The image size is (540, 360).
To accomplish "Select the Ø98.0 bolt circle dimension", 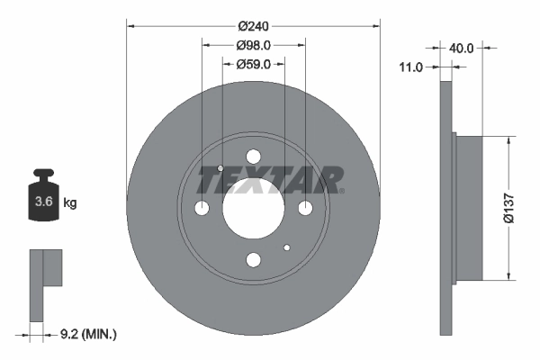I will (x=253, y=45).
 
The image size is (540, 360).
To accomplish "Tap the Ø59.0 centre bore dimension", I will (x=253, y=64).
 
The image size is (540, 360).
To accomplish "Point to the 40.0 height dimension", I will (x=462, y=49).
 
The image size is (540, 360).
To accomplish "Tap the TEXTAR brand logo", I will (x=270, y=180).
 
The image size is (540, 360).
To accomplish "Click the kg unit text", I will (x=70, y=203).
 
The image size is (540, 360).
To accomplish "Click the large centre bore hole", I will (x=253, y=208).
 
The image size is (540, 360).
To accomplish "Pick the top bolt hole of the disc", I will (x=253, y=156).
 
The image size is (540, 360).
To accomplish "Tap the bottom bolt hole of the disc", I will (x=253, y=260).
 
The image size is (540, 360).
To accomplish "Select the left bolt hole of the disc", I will (x=202, y=209).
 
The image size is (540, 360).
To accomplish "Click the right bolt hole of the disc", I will (x=305, y=209).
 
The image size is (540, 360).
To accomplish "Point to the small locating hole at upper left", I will (x=220, y=167).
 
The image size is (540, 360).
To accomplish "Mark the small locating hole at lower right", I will (x=286, y=248).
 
